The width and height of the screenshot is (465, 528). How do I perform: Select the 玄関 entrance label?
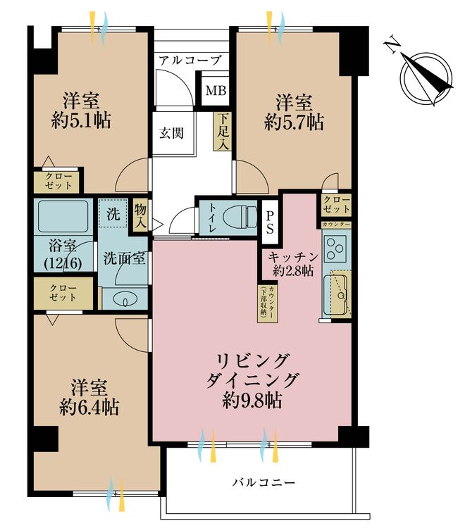pyautogui.click(x=170, y=132)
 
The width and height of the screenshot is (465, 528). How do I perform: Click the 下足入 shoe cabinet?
pyautogui.click(x=223, y=132)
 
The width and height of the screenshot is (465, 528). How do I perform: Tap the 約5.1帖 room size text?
pyautogui.click(x=81, y=120)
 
